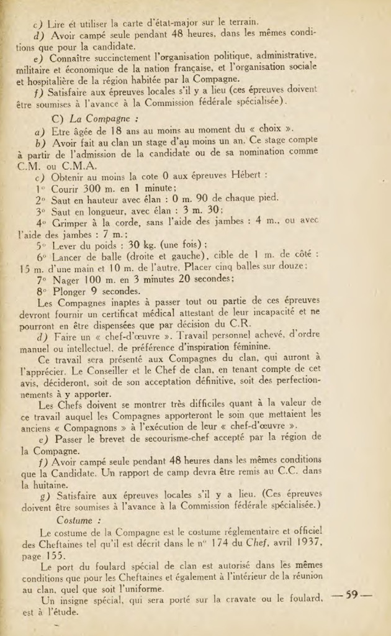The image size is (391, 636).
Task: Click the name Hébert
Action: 245,175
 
